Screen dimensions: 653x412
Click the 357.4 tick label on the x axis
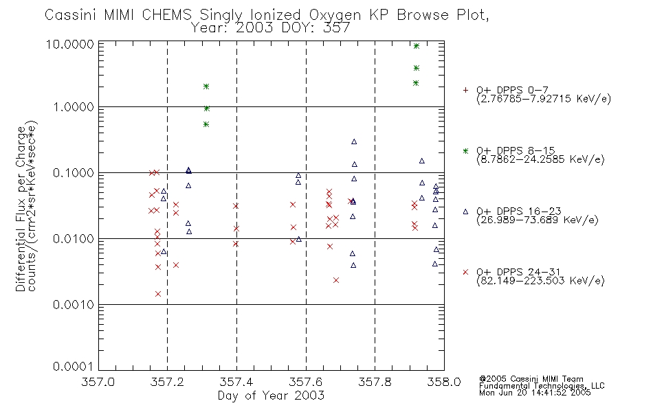tap(236, 382)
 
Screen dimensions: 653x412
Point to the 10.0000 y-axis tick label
tap(70, 44)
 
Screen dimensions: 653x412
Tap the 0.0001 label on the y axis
tap(73, 366)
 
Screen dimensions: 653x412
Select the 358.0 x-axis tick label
tap(444, 382)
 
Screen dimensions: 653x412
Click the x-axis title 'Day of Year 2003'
tap(271, 396)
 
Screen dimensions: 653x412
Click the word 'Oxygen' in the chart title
tap(335, 15)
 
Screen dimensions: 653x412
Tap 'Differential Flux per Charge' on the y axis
tap(21, 209)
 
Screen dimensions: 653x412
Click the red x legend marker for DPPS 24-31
tap(465, 272)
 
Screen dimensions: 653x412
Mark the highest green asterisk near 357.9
tap(416, 46)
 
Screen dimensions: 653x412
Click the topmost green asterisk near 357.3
tap(206, 87)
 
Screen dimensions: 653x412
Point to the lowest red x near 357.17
tap(158, 294)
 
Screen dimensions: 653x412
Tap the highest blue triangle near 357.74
tap(354, 141)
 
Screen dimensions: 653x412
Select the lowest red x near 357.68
tap(336, 280)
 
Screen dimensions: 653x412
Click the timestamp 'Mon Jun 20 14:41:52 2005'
tap(535, 393)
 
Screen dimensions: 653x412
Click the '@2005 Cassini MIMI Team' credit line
tap(531, 379)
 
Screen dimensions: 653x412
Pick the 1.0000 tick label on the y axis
tap(73, 107)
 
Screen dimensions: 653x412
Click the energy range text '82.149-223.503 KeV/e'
tap(540, 280)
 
